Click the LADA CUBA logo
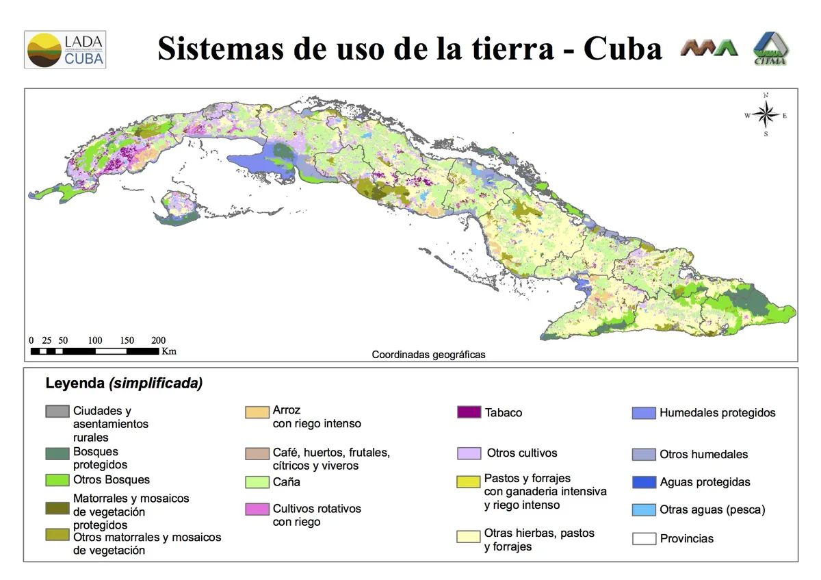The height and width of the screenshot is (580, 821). (x=65, y=49)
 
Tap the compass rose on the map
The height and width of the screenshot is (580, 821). (x=766, y=115)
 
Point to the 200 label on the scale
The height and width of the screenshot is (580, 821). (x=158, y=340)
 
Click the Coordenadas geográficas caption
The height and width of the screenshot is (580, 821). (x=428, y=355)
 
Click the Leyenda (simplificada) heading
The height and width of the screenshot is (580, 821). (x=124, y=383)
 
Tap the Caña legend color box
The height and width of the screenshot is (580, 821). (x=257, y=482)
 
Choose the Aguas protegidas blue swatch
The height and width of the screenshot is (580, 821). (x=643, y=482)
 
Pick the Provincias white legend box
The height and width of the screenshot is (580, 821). (x=643, y=539)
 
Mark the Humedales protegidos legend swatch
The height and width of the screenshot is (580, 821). (x=643, y=413)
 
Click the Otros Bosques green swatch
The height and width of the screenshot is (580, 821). (x=57, y=480)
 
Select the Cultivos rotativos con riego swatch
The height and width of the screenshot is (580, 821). (x=257, y=509)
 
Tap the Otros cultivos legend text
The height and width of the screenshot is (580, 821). (x=522, y=453)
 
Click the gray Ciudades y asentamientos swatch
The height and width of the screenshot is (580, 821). (x=57, y=412)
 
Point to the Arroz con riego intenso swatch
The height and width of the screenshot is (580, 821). (x=257, y=412)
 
